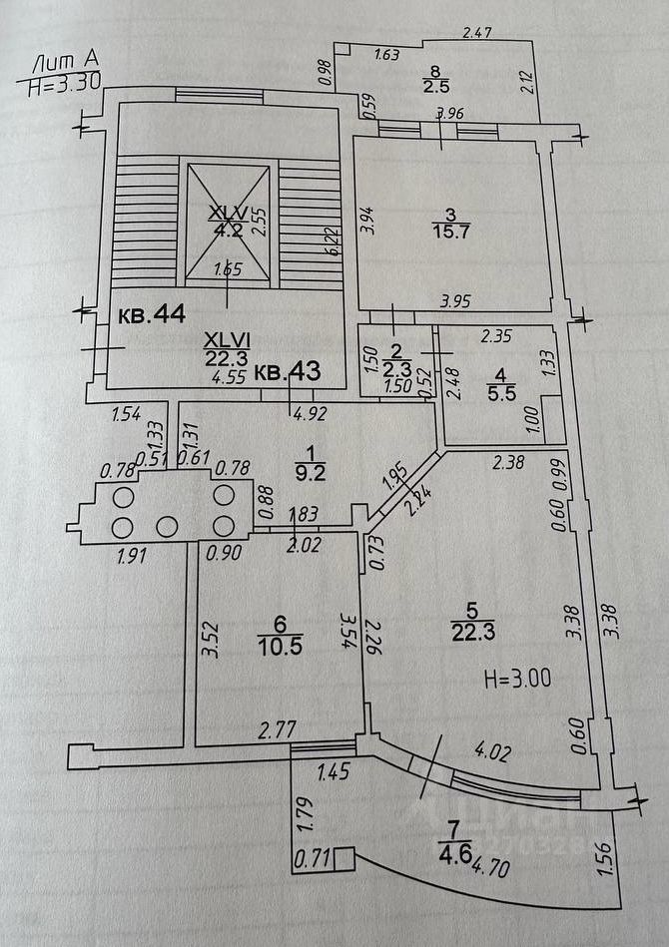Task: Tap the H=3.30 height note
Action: [63, 84]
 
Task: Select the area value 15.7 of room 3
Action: [450, 232]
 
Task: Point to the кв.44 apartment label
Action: [152, 313]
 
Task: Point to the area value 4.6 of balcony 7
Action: [450, 851]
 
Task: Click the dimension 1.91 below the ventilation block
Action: [132, 555]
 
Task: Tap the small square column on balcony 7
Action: [343, 856]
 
